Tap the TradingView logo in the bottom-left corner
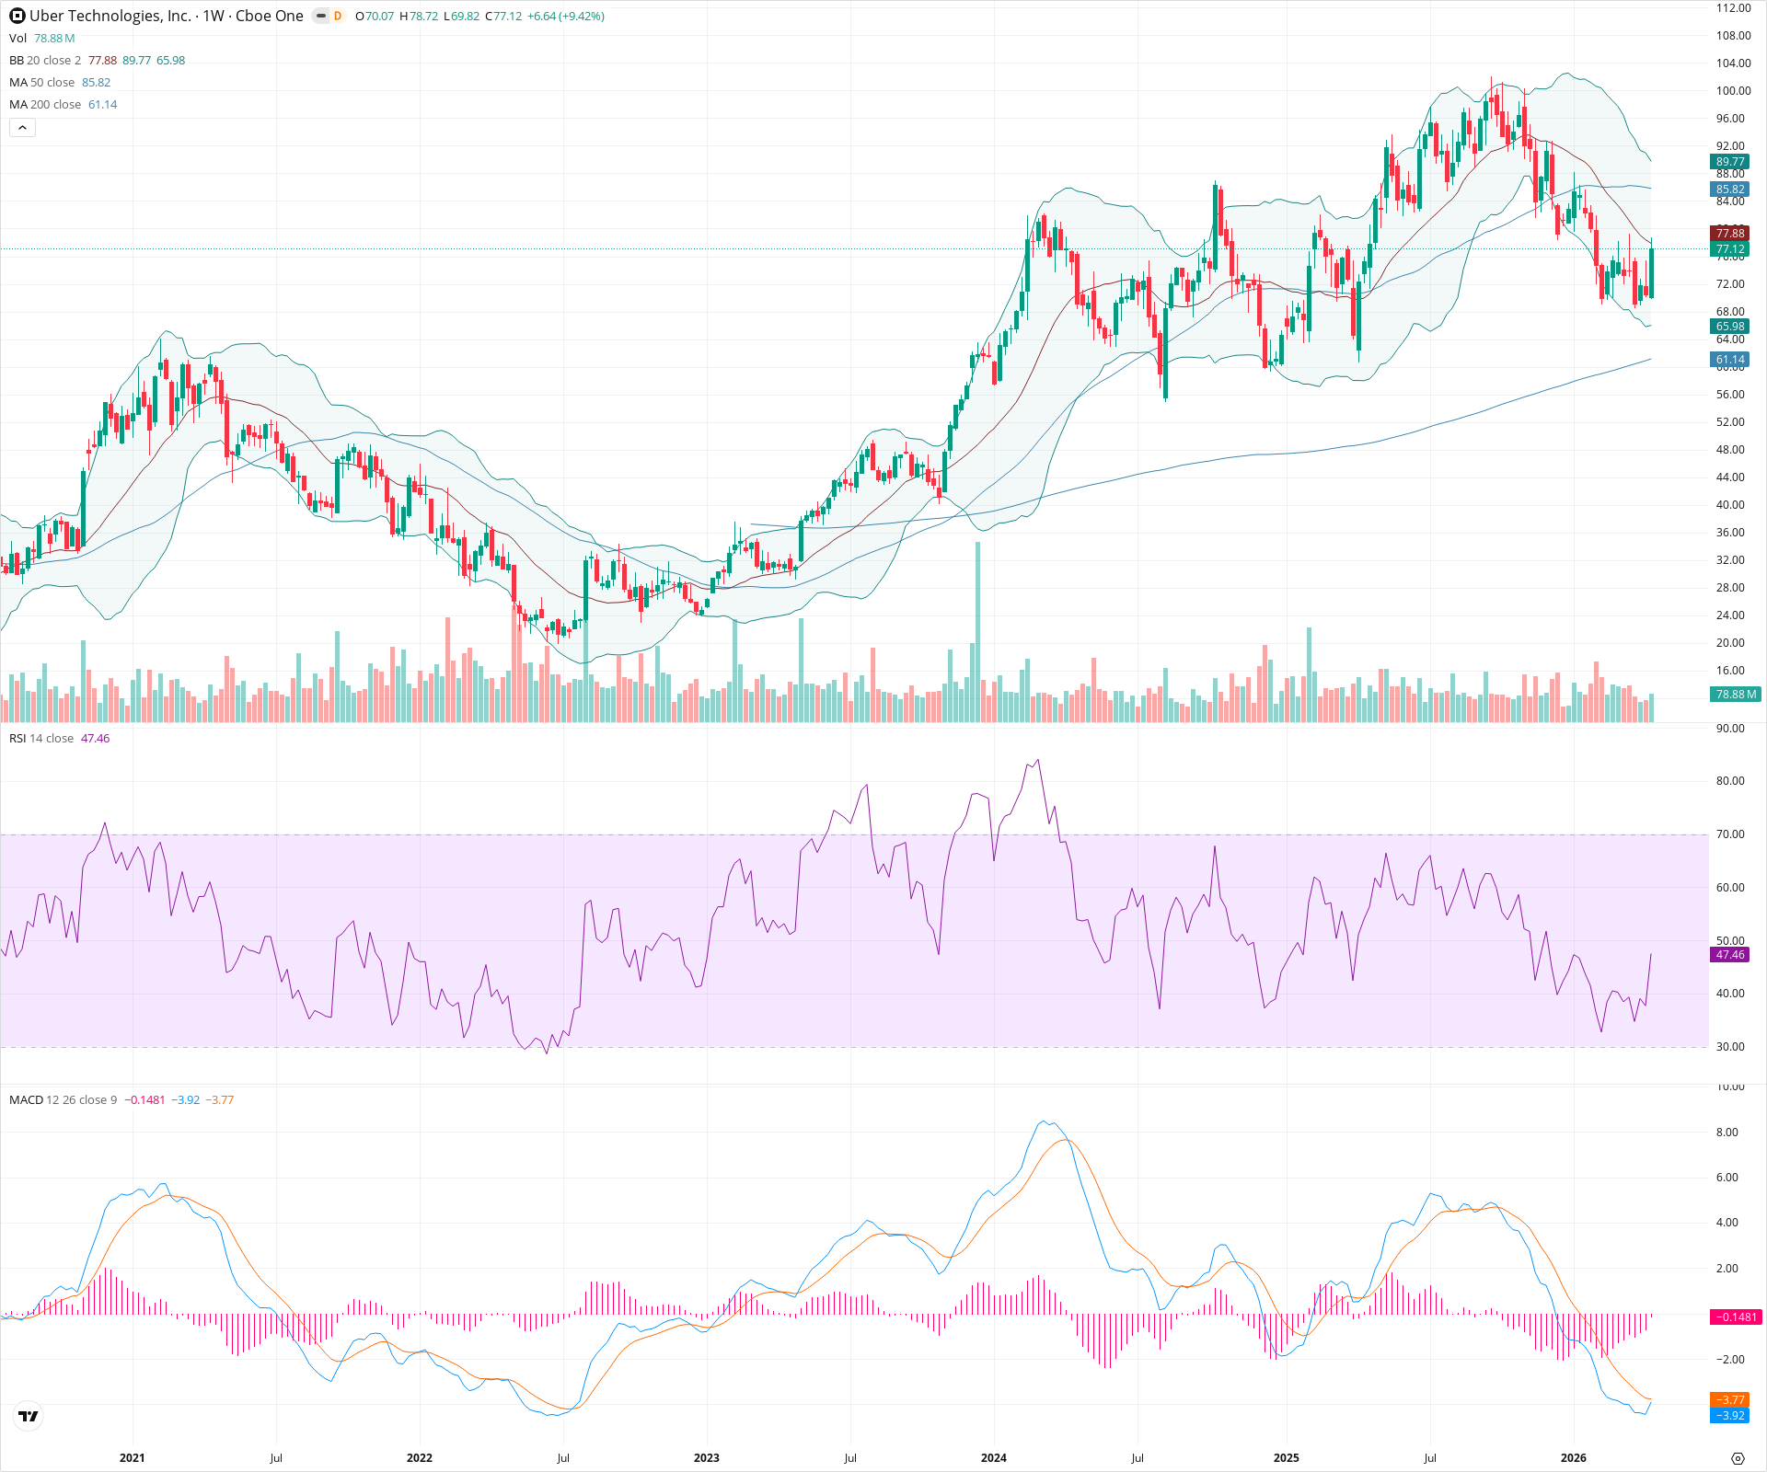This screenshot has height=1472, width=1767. [x=29, y=1416]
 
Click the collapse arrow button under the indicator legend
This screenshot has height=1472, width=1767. [x=22, y=128]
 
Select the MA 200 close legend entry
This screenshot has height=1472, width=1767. [x=46, y=105]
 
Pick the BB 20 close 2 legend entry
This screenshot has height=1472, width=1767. [x=45, y=61]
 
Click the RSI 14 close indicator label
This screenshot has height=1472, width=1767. [x=41, y=739]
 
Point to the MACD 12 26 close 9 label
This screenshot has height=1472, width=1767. [x=63, y=1100]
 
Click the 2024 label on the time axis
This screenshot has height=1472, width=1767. [x=993, y=1458]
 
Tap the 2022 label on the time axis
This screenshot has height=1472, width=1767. [x=419, y=1458]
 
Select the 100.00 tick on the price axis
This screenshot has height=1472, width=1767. [x=1733, y=91]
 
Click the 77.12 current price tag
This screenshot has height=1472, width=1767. [x=1730, y=249]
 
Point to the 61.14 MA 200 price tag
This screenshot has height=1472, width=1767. [x=1730, y=360]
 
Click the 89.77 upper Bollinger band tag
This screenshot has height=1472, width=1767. [x=1730, y=162]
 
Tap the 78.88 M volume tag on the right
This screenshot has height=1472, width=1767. [x=1736, y=695]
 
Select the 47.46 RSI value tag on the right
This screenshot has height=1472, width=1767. [x=1730, y=955]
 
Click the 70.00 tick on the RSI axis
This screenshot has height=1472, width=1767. [x=1730, y=834]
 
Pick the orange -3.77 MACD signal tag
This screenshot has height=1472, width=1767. [x=1730, y=1400]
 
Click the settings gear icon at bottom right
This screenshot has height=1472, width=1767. [x=1738, y=1458]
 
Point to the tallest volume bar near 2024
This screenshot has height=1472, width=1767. [x=977, y=635]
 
